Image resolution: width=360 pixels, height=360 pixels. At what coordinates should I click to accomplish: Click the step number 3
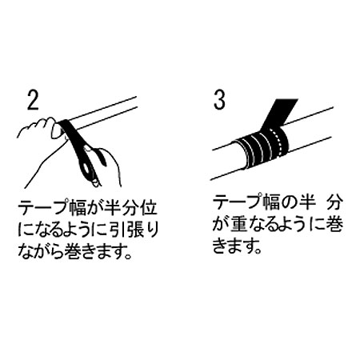click(x=219, y=100)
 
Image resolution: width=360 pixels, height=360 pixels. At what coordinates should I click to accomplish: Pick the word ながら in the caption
click(x=40, y=251)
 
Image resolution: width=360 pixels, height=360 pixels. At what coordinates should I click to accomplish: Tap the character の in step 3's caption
click(x=289, y=202)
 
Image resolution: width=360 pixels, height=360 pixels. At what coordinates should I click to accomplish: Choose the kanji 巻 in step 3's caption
click(x=334, y=224)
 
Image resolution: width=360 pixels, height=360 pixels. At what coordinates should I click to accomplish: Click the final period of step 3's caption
click(x=258, y=251)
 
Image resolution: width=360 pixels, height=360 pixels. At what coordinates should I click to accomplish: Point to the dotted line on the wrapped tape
click(x=278, y=143)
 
